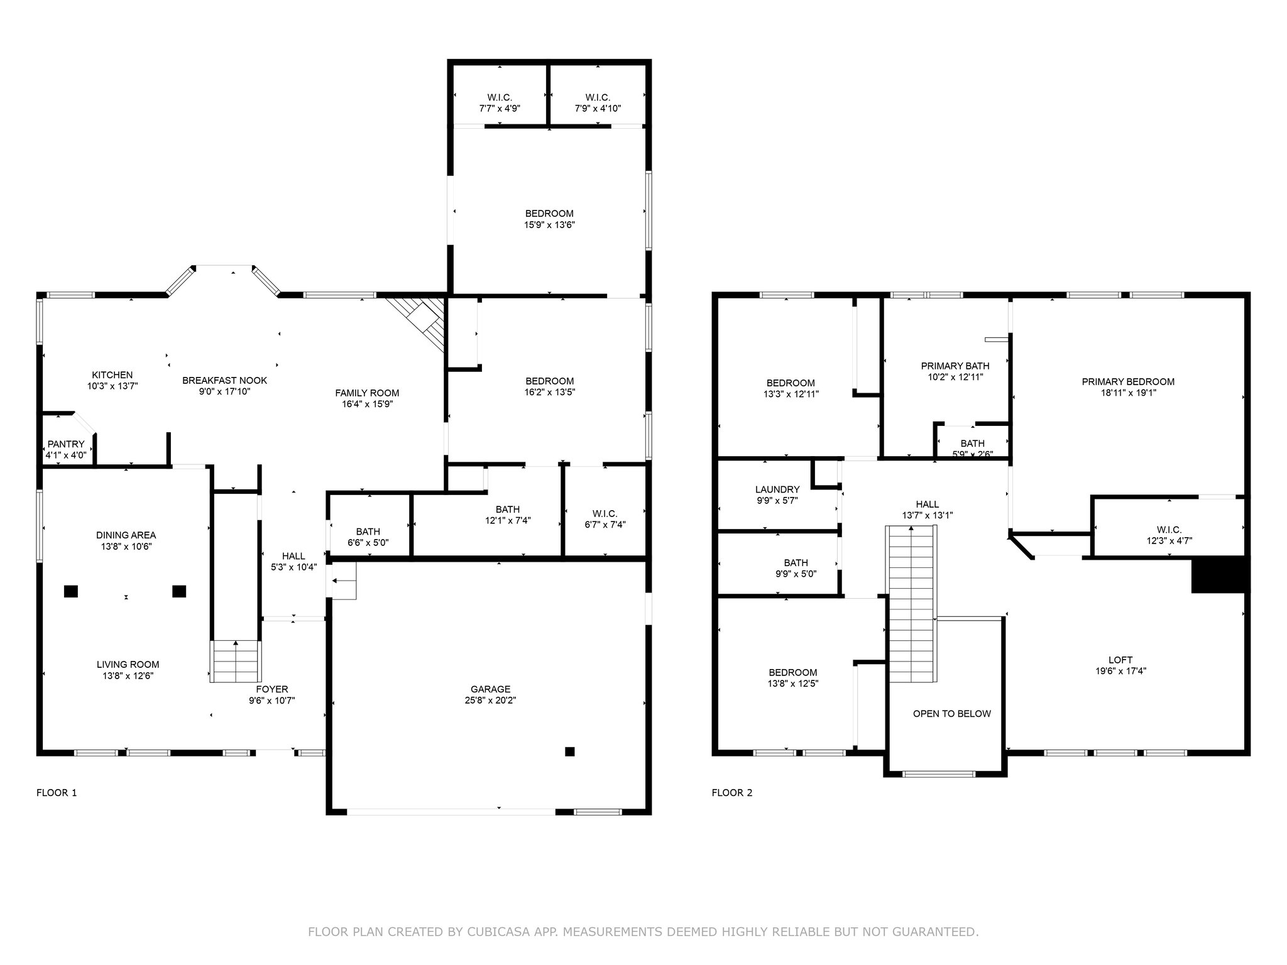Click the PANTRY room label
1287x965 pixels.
pyautogui.click(x=66, y=444)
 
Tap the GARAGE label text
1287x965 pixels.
pyautogui.click(x=490, y=689)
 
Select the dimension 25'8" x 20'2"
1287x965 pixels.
pyautogui.click(x=490, y=700)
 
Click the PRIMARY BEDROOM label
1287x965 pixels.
pyautogui.click(x=1128, y=381)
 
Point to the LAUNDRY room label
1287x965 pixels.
pyautogui.click(x=777, y=489)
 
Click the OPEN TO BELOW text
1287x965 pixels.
pyautogui.click(x=951, y=714)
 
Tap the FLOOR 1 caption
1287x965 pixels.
pyautogui.click(x=57, y=793)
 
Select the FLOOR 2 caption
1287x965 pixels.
pyautogui.click(x=731, y=793)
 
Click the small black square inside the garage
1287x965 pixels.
pyautogui.click(x=569, y=751)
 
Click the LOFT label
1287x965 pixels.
pyautogui.click(x=1120, y=660)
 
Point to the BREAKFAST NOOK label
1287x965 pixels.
pyautogui.click(x=224, y=380)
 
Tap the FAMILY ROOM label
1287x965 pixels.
pyautogui.click(x=367, y=393)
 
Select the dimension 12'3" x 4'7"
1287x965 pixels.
pyautogui.click(x=1169, y=540)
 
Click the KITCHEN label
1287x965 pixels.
pyautogui.click(x=112, y=375)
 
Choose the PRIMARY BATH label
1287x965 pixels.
pyautogui.click(x=955, y=366)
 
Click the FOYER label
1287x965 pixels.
pyautogui.click(x=272, y=689)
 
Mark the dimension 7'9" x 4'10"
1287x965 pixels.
pyautogui.click(x=598, y=108)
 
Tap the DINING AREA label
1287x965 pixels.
pyautogui.click(x=126, y=535)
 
